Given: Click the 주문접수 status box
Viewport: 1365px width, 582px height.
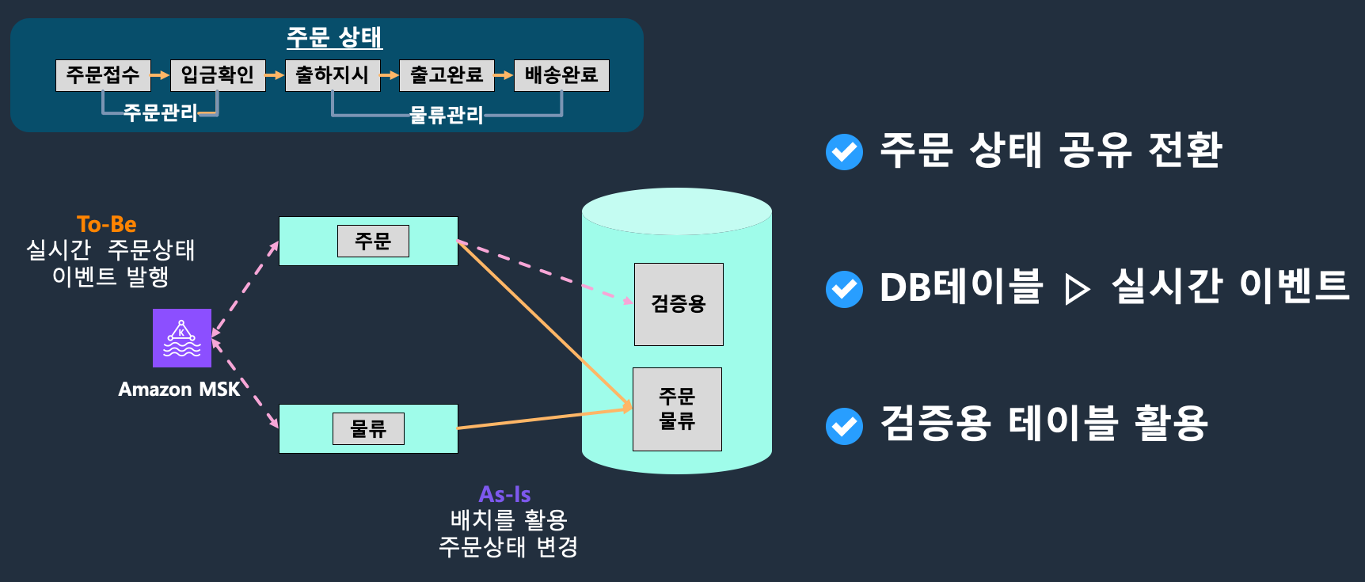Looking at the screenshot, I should coord(103,75).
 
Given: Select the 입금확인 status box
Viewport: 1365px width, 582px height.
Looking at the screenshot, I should coord(218,75).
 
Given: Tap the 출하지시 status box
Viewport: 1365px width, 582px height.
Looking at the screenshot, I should coord(333,75).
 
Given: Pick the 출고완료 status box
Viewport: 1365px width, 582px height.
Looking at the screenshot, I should coord(447,75).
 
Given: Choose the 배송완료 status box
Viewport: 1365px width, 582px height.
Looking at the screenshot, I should coord(561,75).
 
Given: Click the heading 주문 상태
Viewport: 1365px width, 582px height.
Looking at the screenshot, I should coord(334,37).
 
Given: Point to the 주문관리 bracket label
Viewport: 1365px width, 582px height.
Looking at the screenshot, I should coord(160,112).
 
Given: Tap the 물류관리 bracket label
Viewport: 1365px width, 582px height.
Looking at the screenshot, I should coord(447,116).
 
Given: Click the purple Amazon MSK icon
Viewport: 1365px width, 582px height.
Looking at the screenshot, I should coord(182,338).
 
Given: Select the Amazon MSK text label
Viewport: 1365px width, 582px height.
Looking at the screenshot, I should coord(179,390).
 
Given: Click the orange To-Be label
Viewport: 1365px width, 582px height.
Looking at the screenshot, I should coord(107,224).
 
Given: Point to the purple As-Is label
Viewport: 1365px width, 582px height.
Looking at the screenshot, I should coord(505,494).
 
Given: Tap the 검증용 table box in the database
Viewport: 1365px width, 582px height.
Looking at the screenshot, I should coord(679,304).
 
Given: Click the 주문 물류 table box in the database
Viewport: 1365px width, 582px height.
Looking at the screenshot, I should coord(677,409).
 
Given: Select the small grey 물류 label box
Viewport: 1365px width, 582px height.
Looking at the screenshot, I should coord(368,428).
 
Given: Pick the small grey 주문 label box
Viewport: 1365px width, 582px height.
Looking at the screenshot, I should coord(373,241).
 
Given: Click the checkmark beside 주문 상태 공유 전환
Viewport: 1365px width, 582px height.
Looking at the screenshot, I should coord(844,152).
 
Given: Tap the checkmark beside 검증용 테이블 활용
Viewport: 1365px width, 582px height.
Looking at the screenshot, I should coord(844,426).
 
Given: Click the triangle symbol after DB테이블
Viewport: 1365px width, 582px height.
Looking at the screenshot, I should coord(1076,289).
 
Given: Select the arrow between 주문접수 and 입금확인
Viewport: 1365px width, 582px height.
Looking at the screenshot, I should coord(161,75).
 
